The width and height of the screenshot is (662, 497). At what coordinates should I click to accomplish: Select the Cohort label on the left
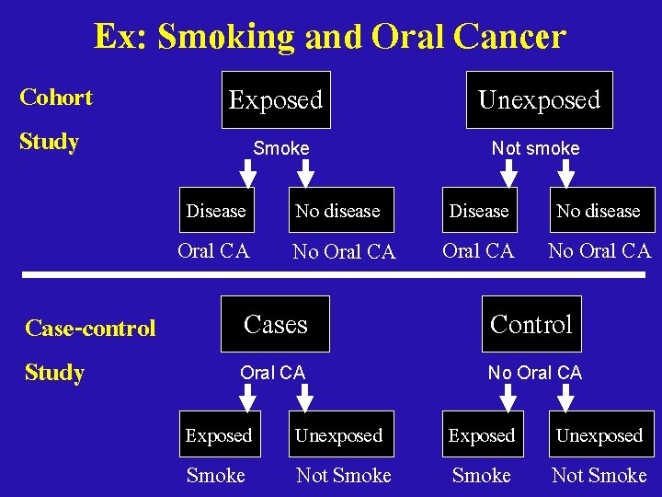(x=56, y=97)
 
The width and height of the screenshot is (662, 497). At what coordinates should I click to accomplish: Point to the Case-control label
(x=90, y=328)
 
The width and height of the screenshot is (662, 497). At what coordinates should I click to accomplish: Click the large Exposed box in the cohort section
(x=276, y=99)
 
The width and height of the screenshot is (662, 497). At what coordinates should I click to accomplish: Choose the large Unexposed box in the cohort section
(x=539, y=99)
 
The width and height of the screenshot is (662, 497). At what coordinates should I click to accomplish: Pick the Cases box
(x=275, y=324)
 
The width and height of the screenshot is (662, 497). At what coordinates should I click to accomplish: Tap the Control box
(x=531, y=324)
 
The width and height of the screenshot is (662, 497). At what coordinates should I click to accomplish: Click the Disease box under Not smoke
(x=479, y=211)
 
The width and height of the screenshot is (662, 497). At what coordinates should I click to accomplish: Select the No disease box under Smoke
(x=337, y=211)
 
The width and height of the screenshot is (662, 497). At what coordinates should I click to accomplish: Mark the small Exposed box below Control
(x=481, y=435)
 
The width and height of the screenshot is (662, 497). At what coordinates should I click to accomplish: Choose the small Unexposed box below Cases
(x=338, y=435)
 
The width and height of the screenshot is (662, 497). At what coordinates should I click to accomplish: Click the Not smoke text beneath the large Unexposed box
(x=535, y=148)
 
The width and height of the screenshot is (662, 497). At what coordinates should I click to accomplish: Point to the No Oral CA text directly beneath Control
(x=534, y=373)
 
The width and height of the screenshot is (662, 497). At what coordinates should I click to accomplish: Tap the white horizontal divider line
(x=331, y=275)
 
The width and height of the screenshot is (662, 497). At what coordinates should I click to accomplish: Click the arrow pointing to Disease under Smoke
(x=247, y=172)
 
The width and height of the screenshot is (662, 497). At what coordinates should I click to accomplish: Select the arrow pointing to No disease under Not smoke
(x=566, y=172)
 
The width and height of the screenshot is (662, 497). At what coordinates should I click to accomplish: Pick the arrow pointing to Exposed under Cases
(x=247, y=397)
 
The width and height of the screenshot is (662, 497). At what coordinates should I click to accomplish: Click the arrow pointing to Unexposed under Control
(x=566, y=397)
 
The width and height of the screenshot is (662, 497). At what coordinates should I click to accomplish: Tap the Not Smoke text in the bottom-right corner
(x=599, y=475)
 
